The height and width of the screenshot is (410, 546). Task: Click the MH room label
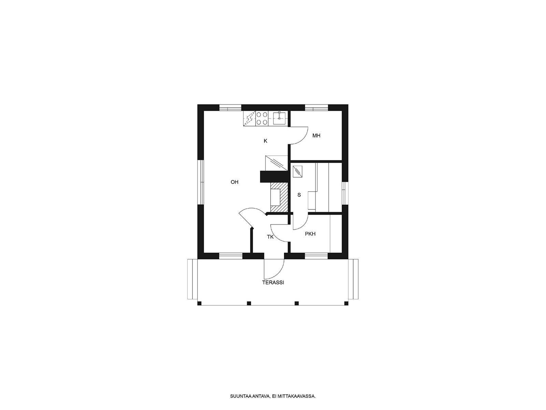tap(316, 136)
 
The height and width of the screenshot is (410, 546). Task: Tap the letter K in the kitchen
tap(265, 141)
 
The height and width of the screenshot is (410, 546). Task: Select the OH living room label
tap(234, 182)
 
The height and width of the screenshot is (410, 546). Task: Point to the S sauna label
tap(299, 195)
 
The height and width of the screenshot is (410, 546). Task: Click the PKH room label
tap(310, 234)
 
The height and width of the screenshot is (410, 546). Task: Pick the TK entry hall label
tap(270, 237)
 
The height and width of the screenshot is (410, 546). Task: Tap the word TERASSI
tap(273, 283)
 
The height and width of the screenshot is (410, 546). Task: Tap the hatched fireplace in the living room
tap(279, 197)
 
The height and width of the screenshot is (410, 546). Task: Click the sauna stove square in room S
tap(297, 172)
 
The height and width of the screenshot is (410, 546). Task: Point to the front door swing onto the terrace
tap(274, 269)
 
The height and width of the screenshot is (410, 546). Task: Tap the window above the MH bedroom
tap(316, 108)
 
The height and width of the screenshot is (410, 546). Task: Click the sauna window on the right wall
tap(345, 193)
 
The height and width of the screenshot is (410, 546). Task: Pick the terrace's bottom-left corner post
tap(199, 303)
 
